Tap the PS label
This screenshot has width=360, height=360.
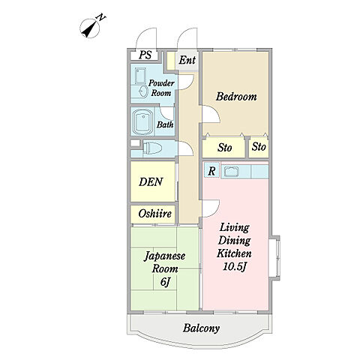[145, 55]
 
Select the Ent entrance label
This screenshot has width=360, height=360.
[187, 60]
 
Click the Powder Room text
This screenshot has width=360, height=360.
[161, 88]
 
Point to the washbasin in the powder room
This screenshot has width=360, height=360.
[143, 91]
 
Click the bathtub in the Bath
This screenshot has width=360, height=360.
[142, 122]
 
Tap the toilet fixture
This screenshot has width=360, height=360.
[152, 148]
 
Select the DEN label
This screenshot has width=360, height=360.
[151, 181]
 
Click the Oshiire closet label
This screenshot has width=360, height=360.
[155, 214]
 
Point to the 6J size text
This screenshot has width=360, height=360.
[165, 282]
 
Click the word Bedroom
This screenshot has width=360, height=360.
[236, 97]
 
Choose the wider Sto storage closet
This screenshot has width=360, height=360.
[223, 148]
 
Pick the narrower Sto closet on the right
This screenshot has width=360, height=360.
[259, 148]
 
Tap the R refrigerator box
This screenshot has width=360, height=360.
[211, 170]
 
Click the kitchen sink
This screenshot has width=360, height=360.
[232, 172]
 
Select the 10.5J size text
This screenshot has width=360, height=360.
[235, 267]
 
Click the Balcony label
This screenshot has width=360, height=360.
[201, 328]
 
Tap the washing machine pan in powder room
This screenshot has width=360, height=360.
[140, 76]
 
